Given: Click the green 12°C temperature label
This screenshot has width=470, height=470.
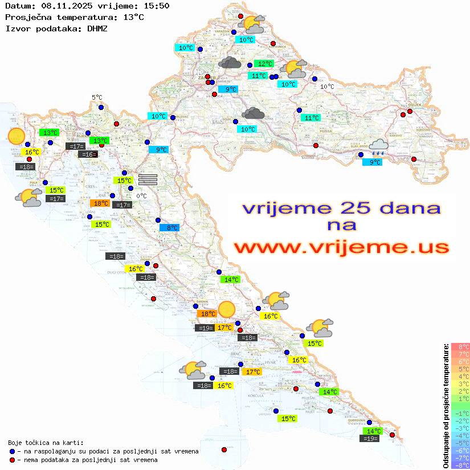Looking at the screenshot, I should [x=264, y=64].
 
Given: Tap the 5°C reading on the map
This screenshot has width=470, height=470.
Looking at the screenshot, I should [x=97, y=97].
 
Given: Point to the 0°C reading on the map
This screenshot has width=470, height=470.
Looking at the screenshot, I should [x=141, y=196].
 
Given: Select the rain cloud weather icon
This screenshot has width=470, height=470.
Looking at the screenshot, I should [x=378, y=148].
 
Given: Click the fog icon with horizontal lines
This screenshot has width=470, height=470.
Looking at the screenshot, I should [x=148, y=179].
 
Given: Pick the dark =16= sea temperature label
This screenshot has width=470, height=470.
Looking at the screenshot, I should [x=88, y=154].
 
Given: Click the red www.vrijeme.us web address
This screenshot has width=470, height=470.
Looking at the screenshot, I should [x=341, y=247].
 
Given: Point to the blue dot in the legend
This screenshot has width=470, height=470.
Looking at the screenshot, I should [x=13, y=451].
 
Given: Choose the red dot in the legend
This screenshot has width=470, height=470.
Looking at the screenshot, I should [x=13, y=460].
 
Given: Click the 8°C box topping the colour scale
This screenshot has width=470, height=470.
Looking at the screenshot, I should [x=460, y=347].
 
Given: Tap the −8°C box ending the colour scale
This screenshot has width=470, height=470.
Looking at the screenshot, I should [x=460, y=465].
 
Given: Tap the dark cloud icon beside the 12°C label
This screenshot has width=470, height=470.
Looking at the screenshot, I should [x=230, y=63].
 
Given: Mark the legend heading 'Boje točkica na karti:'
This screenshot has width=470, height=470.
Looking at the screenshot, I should [x=46, y=443].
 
